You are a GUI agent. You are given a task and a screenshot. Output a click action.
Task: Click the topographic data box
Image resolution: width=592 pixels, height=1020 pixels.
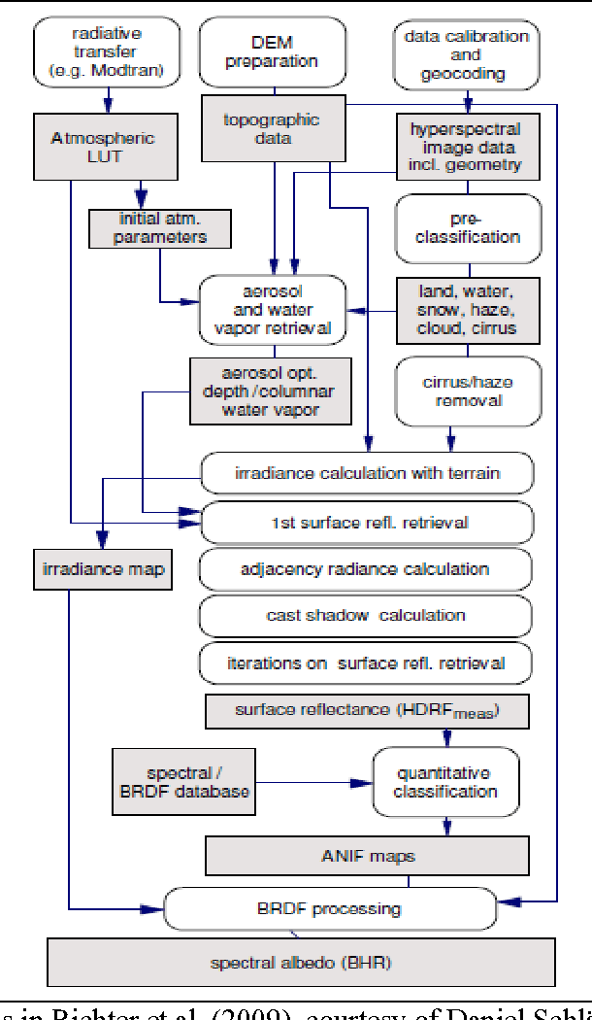(257, 128)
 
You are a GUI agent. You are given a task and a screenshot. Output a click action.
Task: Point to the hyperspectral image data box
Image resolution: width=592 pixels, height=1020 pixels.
(466, 147)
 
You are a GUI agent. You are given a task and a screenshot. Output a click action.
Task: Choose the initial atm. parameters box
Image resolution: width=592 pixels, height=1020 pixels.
(161, 227)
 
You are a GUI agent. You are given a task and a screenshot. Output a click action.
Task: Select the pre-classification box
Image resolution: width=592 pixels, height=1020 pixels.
(468, 229)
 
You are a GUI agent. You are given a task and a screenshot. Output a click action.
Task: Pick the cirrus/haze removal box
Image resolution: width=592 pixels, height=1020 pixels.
(468, 391)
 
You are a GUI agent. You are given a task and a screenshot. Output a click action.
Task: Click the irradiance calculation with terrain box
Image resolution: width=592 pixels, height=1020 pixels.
(367, 473)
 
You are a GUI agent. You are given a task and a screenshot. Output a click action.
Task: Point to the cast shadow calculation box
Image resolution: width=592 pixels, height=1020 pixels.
(366, 616)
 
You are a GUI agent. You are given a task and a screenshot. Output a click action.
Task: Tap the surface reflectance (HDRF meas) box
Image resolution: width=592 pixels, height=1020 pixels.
(366, 711)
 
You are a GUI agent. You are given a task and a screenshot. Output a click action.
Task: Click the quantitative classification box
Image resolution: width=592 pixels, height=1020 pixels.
(444, 783)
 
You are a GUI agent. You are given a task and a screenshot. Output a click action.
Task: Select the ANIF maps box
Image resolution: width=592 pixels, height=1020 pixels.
(366, 856)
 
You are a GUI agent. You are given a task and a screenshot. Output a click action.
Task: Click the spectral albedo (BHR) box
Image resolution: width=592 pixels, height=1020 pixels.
(301, 964)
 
